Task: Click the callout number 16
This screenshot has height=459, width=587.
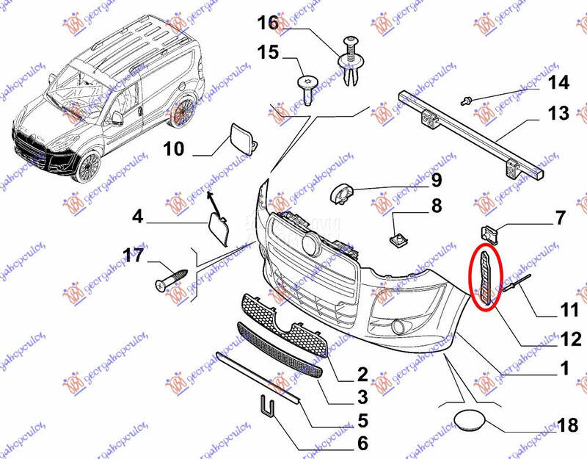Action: coord(268,24)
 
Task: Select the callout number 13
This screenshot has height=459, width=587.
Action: coord(558,114)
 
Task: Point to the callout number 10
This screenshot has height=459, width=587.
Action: coord(173,149)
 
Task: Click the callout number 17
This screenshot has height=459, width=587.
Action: coord(133,256)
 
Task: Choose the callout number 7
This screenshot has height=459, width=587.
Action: coord(559,218)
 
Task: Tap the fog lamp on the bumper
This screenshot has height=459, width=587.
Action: coord(401,326)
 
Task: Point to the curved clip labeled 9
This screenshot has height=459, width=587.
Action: coord(343,194)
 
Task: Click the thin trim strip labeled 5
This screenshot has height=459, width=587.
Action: coord(257,375)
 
